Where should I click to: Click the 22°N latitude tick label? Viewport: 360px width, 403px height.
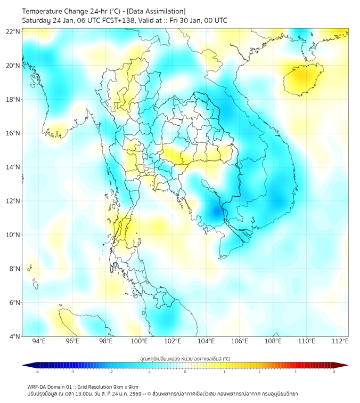pos(13,31)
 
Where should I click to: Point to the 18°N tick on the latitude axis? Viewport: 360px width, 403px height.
pos(13,99)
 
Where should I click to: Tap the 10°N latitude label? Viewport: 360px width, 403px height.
pos(13,235)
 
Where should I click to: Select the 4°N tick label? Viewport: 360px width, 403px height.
pos(14,336)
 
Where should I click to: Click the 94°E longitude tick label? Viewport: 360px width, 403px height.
pos(39,341)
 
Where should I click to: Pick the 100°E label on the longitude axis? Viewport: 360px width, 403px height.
pos(139,341)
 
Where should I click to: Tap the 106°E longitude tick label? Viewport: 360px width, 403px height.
pos(240,341)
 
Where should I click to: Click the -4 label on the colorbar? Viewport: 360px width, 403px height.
pos(36,372)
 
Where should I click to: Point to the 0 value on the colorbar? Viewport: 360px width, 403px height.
pos(185,372)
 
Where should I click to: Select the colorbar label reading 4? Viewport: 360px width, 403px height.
pos(334,372)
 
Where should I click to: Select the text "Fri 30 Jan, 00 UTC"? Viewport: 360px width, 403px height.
pos(198,20)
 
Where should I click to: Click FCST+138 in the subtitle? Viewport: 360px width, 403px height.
pos(110,20)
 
